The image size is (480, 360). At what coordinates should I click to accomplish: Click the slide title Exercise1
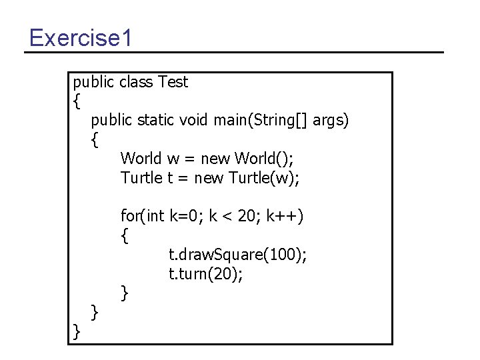pos(81,37)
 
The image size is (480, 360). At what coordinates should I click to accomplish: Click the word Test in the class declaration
pos(173,82)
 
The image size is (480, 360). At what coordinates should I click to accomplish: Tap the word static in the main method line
pos(156,120)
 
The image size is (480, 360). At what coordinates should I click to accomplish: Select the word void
pos(194,120)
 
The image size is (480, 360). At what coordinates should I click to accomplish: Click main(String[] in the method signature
pos(261,121)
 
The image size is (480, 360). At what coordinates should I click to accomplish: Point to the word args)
pos(331,121)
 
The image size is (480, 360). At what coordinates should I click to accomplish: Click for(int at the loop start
pos(142,216)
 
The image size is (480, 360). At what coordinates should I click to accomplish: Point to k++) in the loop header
pos(285,216)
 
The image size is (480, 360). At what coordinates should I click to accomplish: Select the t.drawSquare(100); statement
pos(238,254)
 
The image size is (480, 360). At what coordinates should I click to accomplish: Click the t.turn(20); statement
pos(206,273)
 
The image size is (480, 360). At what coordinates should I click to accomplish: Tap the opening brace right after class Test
pos(77,102)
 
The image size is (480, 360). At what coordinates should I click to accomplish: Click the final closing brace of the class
pos(77,331)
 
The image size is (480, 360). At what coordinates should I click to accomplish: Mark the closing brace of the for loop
pos(125,292)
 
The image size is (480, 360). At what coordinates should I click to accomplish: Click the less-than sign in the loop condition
pos(226,217)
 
